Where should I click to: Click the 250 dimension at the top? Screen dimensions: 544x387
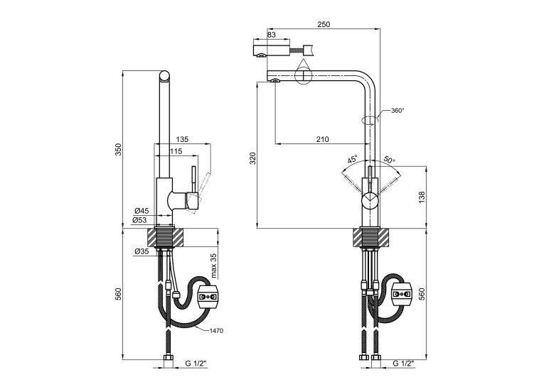[324, 24]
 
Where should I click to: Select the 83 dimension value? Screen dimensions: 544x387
[272, 35]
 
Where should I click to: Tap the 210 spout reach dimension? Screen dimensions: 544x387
[322, 139]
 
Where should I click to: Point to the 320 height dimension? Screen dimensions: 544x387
[253, 158]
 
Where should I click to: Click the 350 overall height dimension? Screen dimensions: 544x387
[119, 149]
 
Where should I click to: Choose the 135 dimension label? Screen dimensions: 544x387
[182, 139]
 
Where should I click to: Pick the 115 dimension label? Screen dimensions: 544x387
[176, 151]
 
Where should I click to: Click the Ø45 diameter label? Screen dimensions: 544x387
[142, 211]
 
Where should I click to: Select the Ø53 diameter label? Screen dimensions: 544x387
[139, 220]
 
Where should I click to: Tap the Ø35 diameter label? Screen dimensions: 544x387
[142, 251]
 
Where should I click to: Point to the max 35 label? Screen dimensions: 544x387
[214, 266]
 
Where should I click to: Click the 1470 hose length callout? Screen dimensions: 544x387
[216, 331]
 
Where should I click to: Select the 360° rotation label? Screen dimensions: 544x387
[398, 111]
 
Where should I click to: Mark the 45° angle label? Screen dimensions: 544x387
[352, 159]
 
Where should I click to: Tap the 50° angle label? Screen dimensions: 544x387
[389, 160]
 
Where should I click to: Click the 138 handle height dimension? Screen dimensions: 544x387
[422, 197]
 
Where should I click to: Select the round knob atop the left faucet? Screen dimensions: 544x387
[164, 76]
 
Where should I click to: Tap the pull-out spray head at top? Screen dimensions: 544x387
[272, 49]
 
